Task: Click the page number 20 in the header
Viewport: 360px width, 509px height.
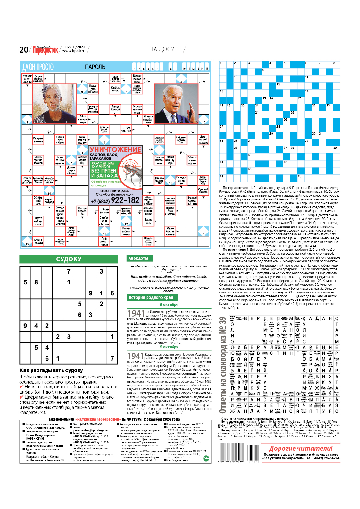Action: pos(24,50)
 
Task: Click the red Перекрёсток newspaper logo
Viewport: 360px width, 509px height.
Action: pos(45,50)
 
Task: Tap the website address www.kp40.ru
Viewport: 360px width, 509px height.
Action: pos(74,51)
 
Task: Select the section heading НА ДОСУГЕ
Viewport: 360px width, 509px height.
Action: pos(165,49)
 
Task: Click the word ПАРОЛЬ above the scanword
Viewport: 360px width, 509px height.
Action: pos(95,67)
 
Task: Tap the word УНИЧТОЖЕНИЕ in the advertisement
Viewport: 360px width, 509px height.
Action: pos(115,149)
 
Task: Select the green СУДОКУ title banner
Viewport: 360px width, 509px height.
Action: pos(69,259)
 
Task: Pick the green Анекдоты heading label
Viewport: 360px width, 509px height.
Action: pos(138,258)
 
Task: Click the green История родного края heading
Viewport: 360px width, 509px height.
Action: pos(151,297)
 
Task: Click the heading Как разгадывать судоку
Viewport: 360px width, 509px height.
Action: pos(51,370)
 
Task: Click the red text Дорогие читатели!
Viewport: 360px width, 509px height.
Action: pos(300,448)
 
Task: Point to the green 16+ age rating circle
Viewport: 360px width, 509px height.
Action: pos(206,458)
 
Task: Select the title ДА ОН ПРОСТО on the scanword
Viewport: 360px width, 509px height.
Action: pos(38,67)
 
